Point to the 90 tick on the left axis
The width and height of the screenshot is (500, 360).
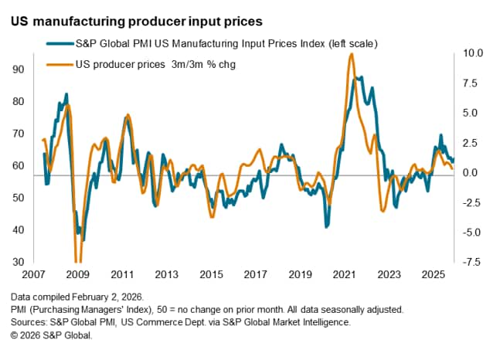coord(18,70)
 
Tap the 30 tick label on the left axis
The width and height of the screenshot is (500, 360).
coord(18,262)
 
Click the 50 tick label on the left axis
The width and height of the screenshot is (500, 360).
coord(18,198)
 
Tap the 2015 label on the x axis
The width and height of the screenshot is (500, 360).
coord(210,275)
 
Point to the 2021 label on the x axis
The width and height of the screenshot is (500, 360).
coord(344,275)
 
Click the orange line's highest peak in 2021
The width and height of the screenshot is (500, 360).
coord(352,54)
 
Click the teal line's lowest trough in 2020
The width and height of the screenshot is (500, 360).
coord(327,226)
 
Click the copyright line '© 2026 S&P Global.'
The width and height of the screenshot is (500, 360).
coord(53,335)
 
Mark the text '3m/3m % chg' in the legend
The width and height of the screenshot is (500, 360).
coord(205,64)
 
